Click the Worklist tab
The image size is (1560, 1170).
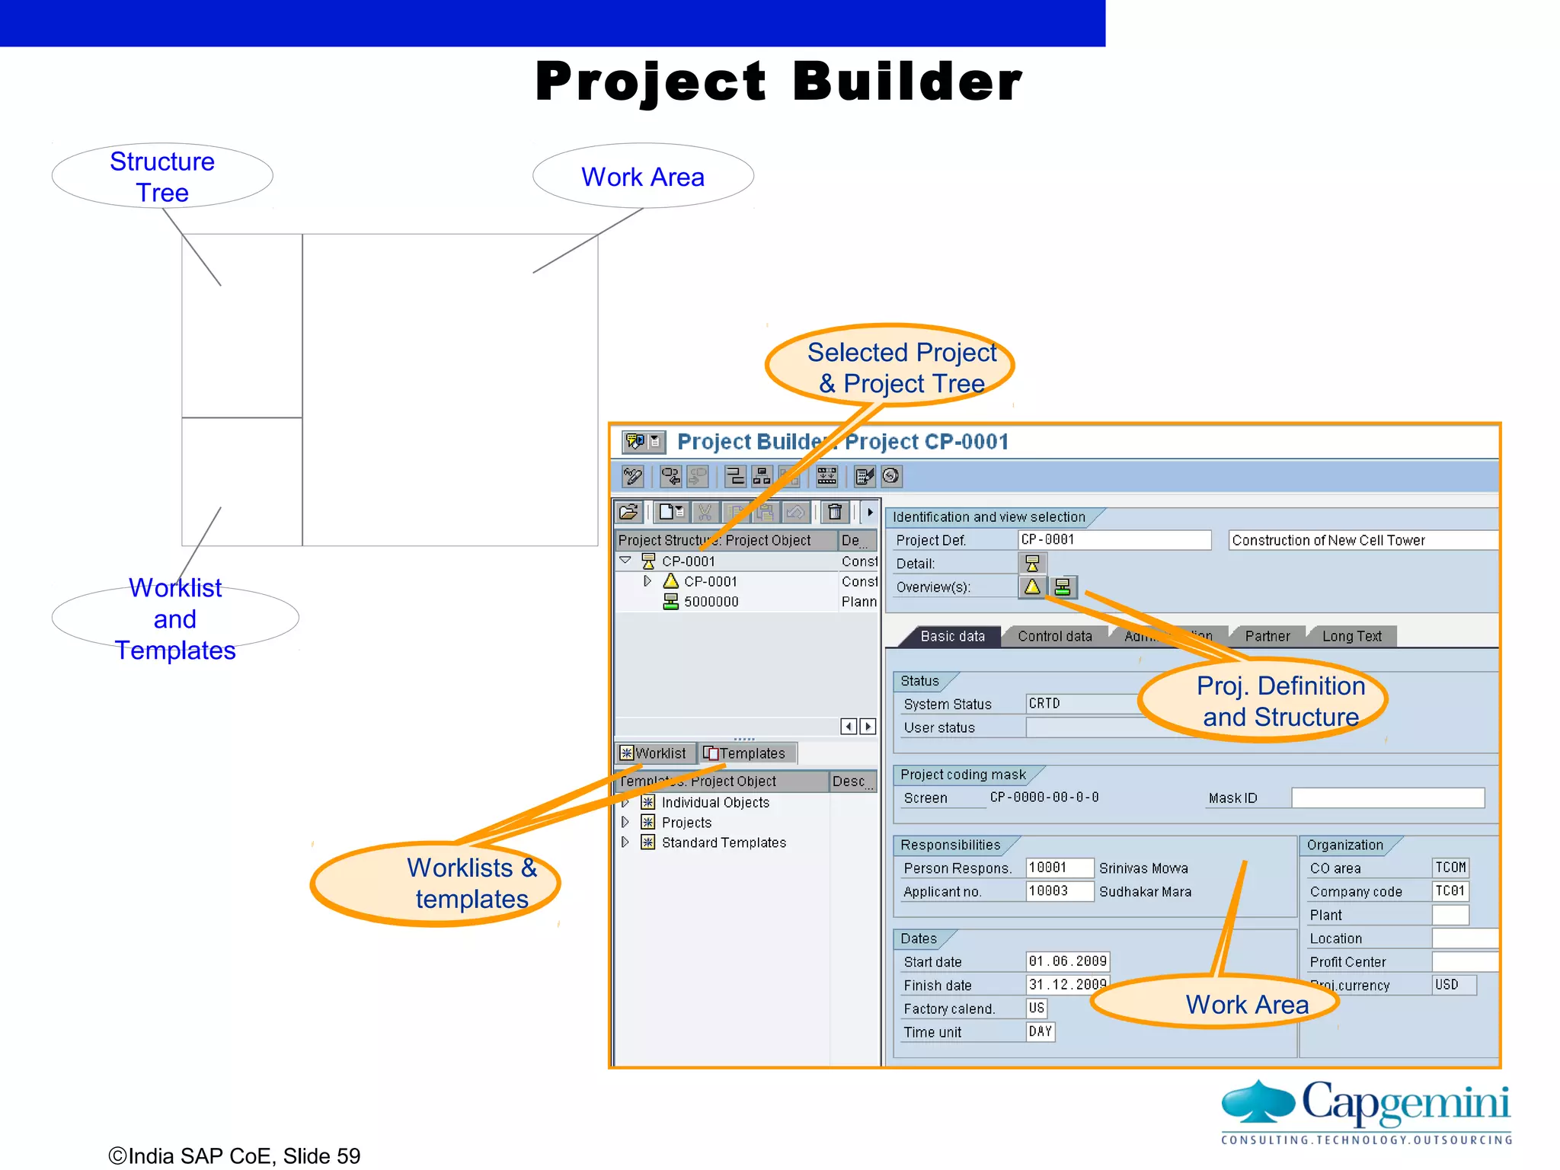[654, 753]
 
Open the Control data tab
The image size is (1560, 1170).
[1054, 636]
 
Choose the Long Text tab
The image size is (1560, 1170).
[1351, 636]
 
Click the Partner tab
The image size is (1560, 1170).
[1267, 636]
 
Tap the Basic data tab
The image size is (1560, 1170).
[952, 636]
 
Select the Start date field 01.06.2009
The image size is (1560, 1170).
[1066, 961]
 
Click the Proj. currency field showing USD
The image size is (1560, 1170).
[1453, 985]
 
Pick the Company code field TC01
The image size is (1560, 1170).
[1450, 891]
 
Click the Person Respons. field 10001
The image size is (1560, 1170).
[1059, 868]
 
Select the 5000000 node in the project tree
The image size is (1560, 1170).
[711, 602]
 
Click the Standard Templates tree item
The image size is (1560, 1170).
[723, 842]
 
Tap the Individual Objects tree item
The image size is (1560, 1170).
[714, 803]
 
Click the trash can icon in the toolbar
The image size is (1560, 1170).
[835, 512]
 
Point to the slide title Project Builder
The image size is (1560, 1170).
[778, 82]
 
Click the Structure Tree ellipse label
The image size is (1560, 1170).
[162, 176]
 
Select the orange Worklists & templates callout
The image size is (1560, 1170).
[436, 884]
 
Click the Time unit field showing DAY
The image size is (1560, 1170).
[1041, 1032]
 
